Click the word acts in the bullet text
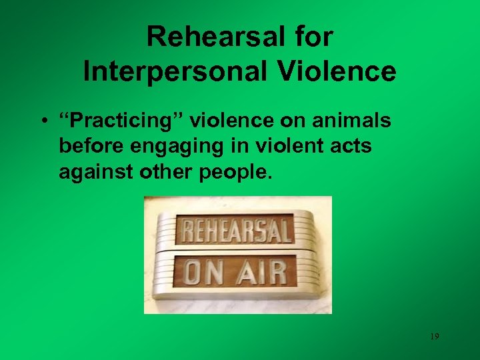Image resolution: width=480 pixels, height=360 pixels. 349,147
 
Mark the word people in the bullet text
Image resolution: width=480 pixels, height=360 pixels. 233,173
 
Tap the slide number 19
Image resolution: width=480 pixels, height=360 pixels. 434,337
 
